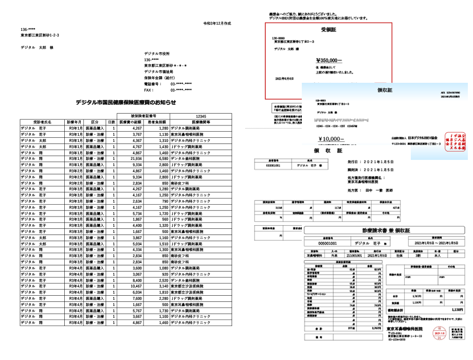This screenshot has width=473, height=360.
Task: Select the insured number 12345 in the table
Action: point(201,116)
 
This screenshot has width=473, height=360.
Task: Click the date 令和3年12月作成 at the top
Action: point(217,24)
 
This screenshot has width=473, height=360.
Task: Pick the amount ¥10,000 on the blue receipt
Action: point(332,139)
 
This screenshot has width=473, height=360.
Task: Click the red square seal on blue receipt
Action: point(453,140)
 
